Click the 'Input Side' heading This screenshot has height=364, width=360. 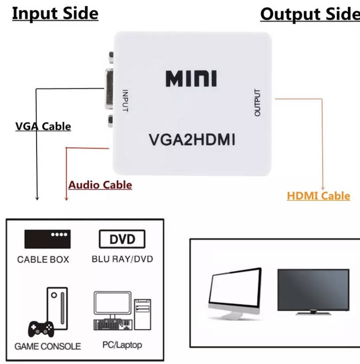[55, 13]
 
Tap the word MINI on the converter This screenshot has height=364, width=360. [191, 79]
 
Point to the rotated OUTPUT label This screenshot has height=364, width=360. [258, 102]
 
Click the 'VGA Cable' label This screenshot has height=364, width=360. [43, 126]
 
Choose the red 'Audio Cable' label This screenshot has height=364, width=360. [100, 185]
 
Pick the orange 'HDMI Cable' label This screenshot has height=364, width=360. [318, 196]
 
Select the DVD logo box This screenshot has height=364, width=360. [121, 240]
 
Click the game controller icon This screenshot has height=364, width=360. [42, 328]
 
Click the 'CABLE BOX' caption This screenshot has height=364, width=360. [43, 260]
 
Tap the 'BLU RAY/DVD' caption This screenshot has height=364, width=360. [122, 259]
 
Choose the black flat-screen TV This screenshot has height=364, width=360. [313, 291]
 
